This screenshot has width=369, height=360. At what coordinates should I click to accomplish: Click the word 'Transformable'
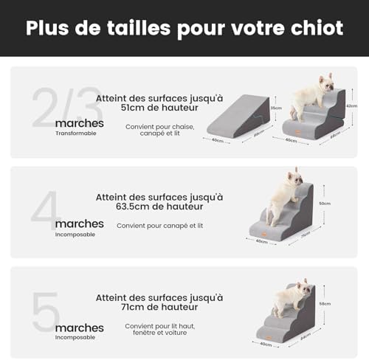[75, 134]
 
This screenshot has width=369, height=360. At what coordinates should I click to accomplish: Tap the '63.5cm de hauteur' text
[159, 207]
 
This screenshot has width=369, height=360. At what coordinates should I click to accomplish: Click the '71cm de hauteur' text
[159, 307]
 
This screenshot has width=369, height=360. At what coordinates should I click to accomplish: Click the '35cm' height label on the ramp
[277, 107]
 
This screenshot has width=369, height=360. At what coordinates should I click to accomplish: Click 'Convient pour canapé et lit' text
[160, 225]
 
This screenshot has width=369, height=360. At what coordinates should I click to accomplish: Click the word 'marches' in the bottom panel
[80, 327]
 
